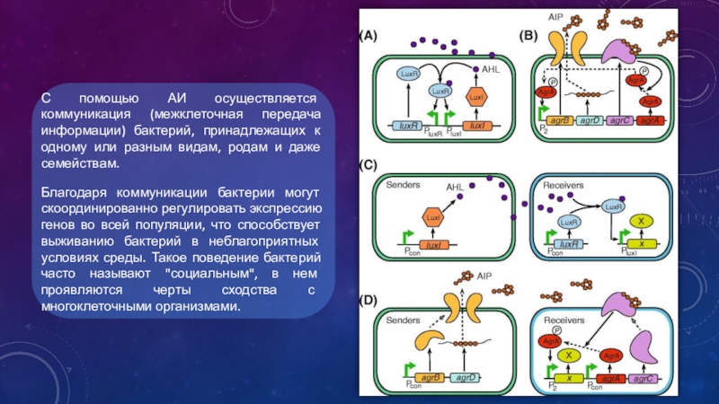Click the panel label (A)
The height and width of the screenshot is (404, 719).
[368, 37]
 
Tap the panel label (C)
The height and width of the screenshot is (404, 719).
[368, 166]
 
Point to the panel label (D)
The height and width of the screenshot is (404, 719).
[368, 297]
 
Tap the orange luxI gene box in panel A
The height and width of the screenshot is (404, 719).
[477, 127]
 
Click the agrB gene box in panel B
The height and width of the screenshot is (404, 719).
[559, 120]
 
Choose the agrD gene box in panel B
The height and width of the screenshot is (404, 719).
[590, 120]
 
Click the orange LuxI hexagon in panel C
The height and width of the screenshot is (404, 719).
[431, 218]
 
